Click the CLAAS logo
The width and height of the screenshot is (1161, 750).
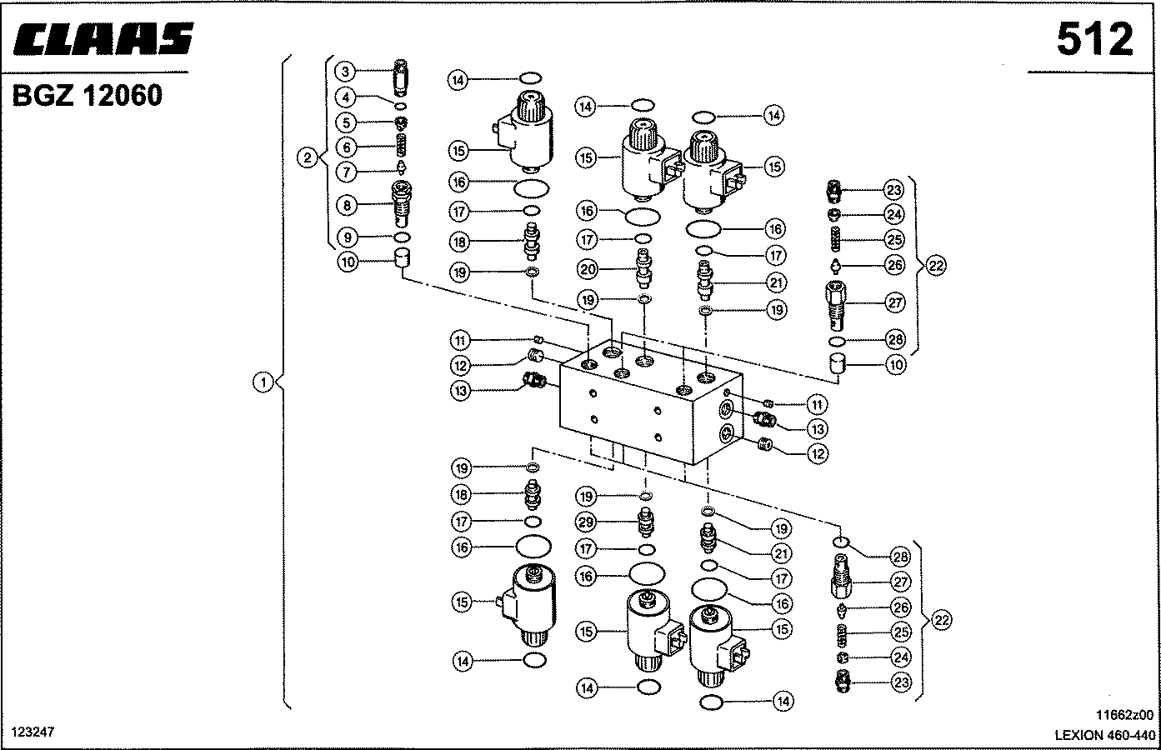tap(103, 39)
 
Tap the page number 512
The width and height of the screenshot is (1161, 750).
tap(1094, 40)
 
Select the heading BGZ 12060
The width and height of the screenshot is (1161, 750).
tap(87, 95)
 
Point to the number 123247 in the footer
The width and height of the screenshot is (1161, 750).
tap(33, 732)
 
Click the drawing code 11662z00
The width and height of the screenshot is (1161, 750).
tap(1124, 715)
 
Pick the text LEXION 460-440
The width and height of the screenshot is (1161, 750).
tap(1104, 735)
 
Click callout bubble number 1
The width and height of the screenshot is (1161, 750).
tap(263, 383)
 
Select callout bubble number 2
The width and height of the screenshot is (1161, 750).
tap(308, 157)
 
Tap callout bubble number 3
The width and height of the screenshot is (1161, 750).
tap(346, 72)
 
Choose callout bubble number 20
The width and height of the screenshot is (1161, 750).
tap(588, 269)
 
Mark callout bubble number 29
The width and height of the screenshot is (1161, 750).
tap(586, 522)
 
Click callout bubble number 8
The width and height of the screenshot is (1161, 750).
tap(347, 206)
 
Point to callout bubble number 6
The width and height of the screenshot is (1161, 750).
tap(347, 147)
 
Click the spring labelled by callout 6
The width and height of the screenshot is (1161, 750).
tap(402, 146)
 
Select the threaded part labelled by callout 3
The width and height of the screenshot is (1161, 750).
tap(401, 77)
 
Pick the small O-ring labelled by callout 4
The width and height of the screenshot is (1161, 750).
tap(400, 107)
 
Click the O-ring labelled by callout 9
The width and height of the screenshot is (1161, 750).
tap(403, 237)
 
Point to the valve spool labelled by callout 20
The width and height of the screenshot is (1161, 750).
tap(643, 268)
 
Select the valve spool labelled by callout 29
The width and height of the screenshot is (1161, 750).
tap(645, 523)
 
